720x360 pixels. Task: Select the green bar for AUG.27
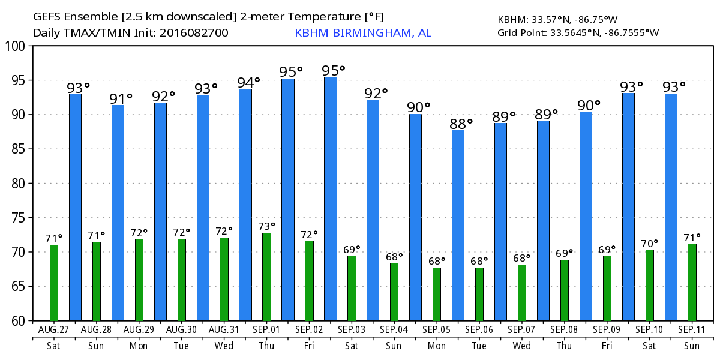(x=54, y=283)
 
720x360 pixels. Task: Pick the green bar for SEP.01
(x=266, y=277)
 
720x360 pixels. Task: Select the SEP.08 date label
(x=564, y=329)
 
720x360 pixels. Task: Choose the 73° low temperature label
(x=266, y=226)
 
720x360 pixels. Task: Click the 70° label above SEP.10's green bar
(x=649, y=244)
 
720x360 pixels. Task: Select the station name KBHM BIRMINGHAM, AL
(x=362, y=33)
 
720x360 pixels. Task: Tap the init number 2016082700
(x=193, y=33)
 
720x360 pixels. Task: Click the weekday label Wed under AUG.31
(x=224, y=346)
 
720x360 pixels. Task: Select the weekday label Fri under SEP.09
(x=607, y=346)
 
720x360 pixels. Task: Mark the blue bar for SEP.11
(x=671, y=207)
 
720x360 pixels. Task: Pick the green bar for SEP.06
(x=479, y=294)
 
